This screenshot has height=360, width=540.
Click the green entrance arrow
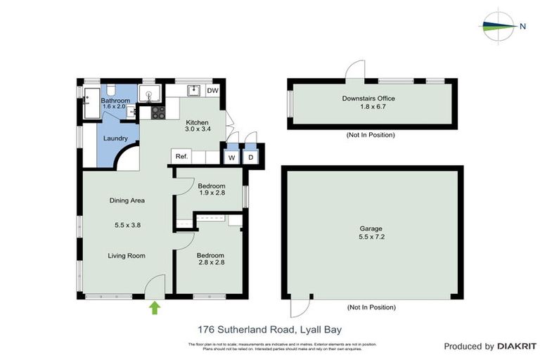[155, 307]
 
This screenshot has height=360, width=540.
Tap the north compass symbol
[501, 27]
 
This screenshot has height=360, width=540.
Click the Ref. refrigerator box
[181, 157]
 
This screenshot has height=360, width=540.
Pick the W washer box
[231, 157]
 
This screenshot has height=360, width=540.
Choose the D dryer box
[251, 157]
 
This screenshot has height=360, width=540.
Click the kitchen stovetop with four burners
[157, 111]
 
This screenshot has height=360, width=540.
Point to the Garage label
[371, 229]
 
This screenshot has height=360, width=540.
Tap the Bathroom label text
[115, 101]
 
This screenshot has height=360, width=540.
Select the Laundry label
[115, 138]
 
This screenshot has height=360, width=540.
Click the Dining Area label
[127, 200]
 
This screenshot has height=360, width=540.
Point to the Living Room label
[127, 255]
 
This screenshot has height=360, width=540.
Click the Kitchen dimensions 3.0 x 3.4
[198, 129]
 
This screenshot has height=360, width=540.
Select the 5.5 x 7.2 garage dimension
[371, 238]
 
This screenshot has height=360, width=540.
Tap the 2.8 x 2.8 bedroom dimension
[210, 263]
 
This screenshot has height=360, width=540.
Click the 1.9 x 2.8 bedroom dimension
[211, 193]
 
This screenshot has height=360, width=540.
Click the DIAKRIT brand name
[516, 346]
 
